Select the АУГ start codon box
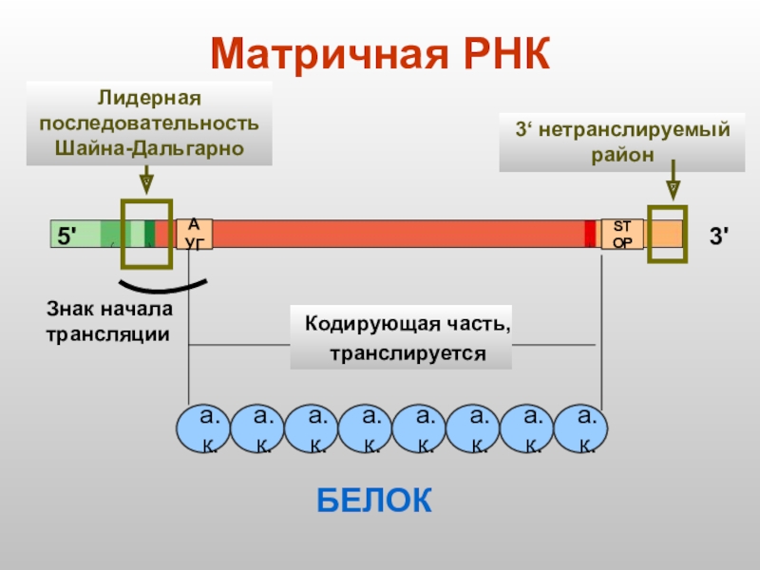coord(194,234)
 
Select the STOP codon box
coord(622,234)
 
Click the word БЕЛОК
coord(374,501)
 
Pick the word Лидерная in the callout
coord(147,98)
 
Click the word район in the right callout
coord(621,155)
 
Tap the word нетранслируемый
coord(634,129)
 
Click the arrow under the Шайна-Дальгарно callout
coord(147,180)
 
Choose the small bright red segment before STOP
coord(590,234)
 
